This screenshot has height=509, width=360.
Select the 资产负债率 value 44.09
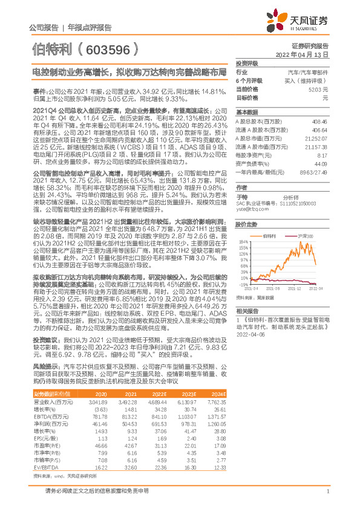click(320, 163)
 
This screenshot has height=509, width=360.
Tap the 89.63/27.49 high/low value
click(313, 172)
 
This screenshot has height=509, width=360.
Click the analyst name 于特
click(242, 197)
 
